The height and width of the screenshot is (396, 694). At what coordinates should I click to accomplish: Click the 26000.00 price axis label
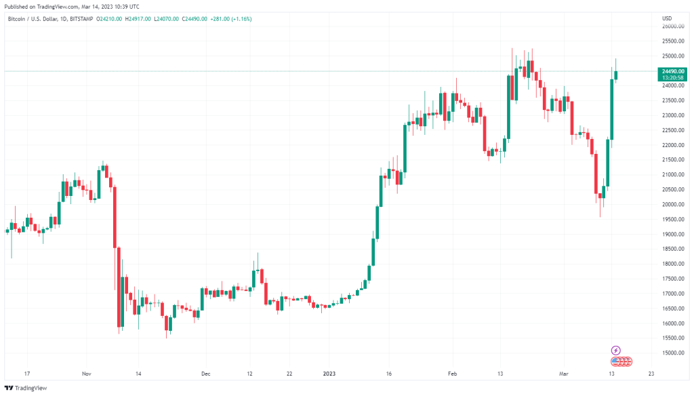tap(672, 26)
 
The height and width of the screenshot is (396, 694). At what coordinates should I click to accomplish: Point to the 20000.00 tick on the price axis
tap(672, 205)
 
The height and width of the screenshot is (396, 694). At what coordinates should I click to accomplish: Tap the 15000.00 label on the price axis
tap(672, 353)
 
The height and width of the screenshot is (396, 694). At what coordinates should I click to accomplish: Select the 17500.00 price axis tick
tap(672, 279)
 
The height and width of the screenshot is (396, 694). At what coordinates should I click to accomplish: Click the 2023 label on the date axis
tap(328, 374)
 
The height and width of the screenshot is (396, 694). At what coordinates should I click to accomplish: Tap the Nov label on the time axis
tap(86, 374)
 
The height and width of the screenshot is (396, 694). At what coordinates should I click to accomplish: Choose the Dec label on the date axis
tap(206, 374)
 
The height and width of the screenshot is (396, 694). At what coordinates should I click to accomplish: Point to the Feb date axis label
tap(451, 374)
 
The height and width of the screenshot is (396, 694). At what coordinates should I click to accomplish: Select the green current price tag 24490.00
tap(673, 71)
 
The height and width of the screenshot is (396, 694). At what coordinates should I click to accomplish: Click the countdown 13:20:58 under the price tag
tap(673, 78)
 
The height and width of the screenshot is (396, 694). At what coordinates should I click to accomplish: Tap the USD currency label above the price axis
tap(667, 18)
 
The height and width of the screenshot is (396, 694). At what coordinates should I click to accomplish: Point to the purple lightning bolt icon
tap(615, 351)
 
